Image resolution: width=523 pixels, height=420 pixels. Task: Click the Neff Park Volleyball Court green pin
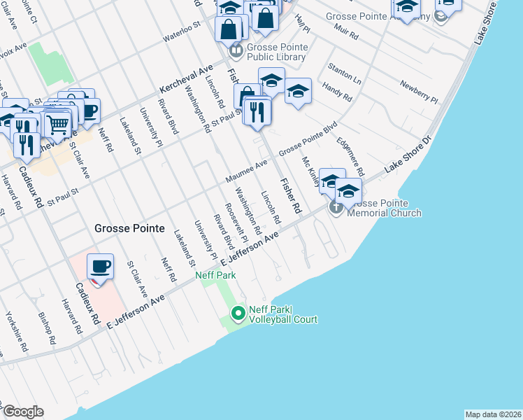238,313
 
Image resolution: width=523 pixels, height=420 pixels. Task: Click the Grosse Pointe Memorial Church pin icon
336,207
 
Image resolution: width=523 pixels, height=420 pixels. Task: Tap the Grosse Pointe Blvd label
308,143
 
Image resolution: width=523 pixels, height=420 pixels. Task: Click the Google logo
22,412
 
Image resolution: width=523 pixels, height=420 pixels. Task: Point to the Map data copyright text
492,414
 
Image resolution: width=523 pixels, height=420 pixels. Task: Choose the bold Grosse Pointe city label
129,228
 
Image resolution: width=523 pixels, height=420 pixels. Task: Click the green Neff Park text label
215,275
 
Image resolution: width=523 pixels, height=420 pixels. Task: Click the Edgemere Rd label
350,157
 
